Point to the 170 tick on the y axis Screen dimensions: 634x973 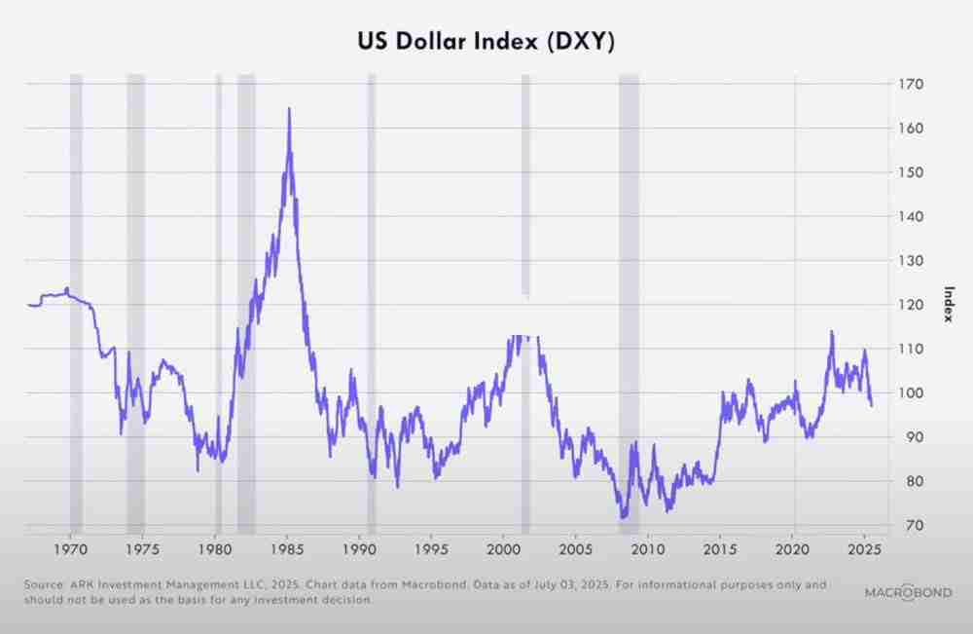point(911,85)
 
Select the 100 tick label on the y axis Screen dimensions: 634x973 point(911,393)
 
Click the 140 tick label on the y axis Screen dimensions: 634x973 point(911,217)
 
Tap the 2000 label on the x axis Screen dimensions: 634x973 point(503,550)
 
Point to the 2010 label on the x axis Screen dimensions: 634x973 point(648,550)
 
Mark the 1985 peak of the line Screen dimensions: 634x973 point(289,108)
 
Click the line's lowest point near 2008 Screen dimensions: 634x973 point(623,517)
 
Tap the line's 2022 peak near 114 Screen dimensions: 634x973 point(832,331)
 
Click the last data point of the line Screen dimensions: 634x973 point(872,405)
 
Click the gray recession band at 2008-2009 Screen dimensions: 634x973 point(629,292)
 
